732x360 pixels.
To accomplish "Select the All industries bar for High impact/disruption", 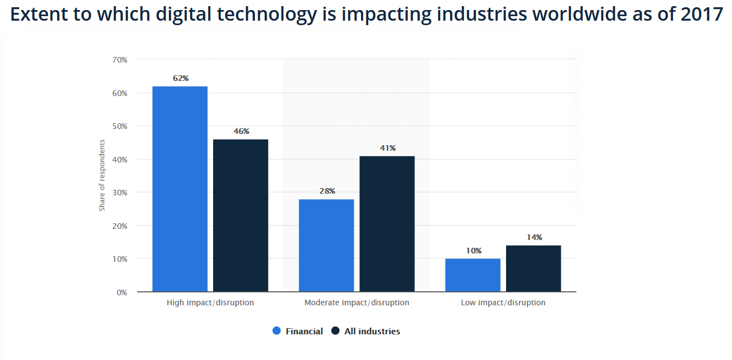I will point(240,215).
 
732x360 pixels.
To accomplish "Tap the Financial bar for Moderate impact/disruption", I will point(326,246).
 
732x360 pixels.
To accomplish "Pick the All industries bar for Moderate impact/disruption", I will point(387,224).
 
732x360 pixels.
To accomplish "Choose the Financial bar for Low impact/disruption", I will point(473,275).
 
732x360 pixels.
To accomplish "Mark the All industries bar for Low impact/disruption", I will point(533,268).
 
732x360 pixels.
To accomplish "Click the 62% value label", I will point(181,79).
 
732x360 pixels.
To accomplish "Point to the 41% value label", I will point(388,148).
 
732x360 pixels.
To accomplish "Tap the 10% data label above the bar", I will point(474,251).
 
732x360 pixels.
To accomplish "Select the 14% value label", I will point(534,238).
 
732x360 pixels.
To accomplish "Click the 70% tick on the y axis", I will point(120,59).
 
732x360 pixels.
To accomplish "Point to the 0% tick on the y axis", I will point(122,292).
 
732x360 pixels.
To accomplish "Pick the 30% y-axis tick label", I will point(120,193).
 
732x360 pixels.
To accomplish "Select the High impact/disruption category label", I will point(210,303).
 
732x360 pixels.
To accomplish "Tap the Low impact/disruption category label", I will point(503,303).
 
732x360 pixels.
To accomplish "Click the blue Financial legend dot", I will point(277,331).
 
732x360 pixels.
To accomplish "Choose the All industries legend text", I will point(372,332).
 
